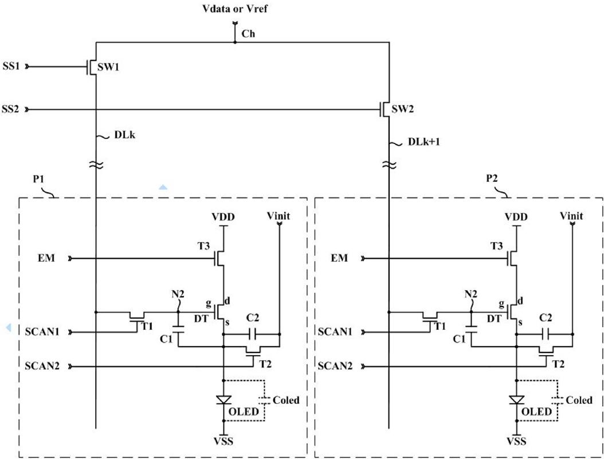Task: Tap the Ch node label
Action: pyautogui.click(x=248, y=34)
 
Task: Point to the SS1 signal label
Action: pyautogui.click(x=11, y=67)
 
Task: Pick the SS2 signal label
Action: pyautogui.click(x=11, y=108)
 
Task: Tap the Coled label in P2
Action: pyautogui.click(x=579, y=400)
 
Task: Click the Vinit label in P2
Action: pyautogui.click(x=571, y=216)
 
